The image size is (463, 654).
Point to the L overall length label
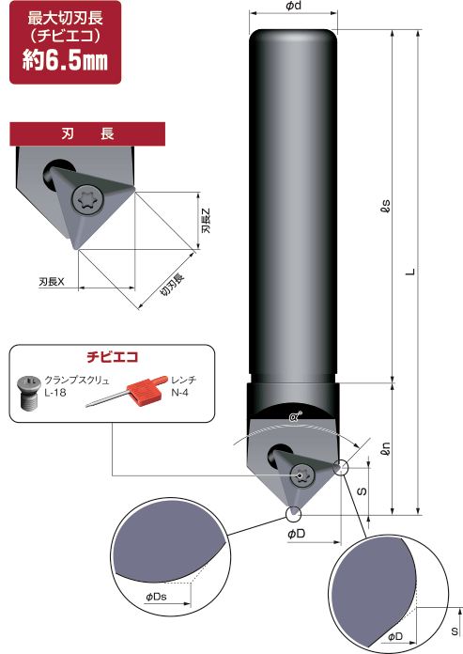[409, 272]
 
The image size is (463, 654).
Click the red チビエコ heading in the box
[113, 357]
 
